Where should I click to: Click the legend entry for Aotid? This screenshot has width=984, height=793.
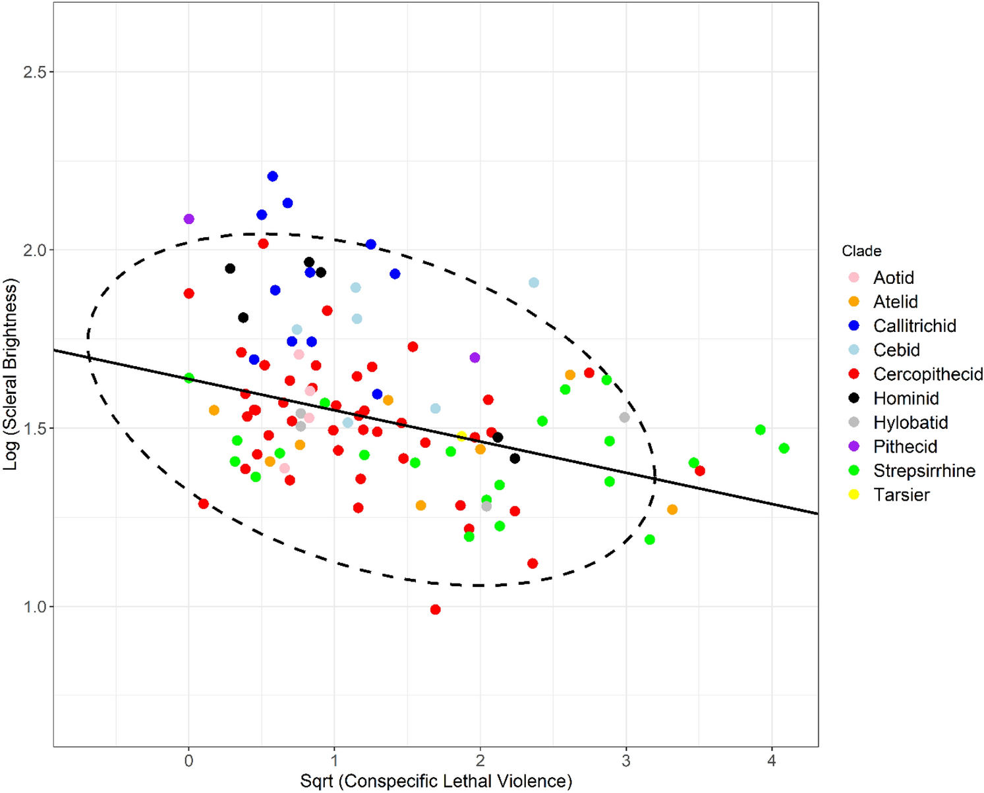[893, 278]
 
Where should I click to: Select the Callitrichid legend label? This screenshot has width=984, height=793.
[914, 326]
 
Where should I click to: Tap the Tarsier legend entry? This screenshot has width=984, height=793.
[901, 495]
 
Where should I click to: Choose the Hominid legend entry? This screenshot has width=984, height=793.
[906, 398]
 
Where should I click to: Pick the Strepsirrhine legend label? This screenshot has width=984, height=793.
[924, 471]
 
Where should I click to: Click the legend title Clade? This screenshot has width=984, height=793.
[861, 251]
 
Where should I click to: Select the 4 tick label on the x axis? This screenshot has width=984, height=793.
[772, 761]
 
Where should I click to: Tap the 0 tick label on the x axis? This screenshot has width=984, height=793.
[189, 761]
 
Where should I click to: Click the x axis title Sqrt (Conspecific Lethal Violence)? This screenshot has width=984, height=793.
[436, 781]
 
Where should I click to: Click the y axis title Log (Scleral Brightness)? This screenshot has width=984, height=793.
[11, 374]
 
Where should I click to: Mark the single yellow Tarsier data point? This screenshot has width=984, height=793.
[462, 436]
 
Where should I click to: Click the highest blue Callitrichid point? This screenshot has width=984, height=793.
[272, 177]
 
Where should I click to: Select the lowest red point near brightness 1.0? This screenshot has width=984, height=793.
[435, 610]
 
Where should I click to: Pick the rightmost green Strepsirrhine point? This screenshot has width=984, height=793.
[784, 449]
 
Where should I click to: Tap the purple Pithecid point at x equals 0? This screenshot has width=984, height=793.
[189, 219]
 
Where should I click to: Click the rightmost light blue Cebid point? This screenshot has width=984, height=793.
[534, 283]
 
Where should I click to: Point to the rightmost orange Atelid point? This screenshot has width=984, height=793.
[672, 510]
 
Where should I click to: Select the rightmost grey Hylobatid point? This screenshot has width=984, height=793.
[625, 418]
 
